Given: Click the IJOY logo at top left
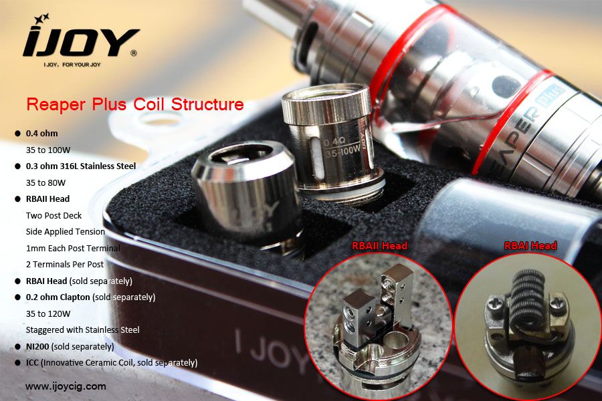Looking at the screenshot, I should click(80, 41).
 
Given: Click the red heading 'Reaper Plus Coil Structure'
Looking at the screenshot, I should click(134, 105).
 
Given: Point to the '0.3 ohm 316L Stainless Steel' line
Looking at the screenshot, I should click(81, 166).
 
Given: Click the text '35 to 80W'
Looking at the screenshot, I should click(45, 182).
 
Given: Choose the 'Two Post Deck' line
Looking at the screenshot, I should click(54, 215).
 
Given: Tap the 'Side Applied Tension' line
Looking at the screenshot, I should click(66, 231).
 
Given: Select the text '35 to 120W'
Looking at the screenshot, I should click(48, 313).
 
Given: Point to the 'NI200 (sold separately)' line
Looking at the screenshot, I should click(70, 346).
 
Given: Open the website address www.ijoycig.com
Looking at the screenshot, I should click(66, 386).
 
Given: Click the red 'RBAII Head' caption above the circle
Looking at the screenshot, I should click(379, 246).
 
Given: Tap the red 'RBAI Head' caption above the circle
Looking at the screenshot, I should click(530, 246).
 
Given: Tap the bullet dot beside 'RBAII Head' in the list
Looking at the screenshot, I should click(18, 198).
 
